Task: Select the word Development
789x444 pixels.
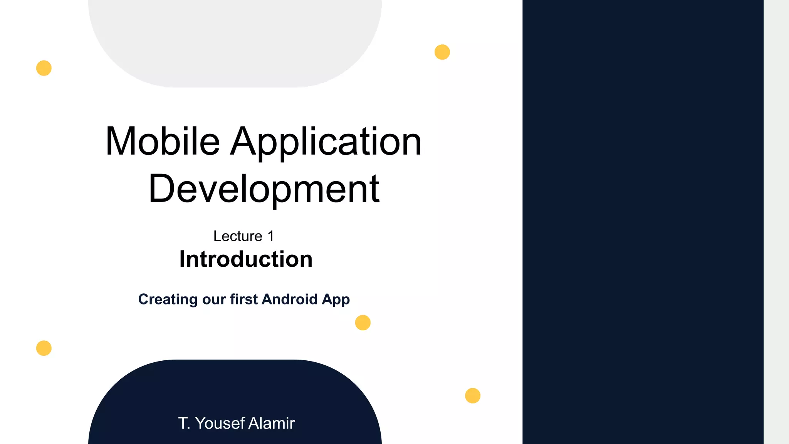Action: (264, 189)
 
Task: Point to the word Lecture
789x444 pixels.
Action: (238, 236)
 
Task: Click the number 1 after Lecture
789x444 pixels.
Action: (271, 236)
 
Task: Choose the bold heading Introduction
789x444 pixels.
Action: (246, 259)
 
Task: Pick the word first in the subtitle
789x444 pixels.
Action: (244, 299)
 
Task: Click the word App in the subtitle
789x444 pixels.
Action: (336, 300)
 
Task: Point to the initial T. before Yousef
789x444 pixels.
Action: (184, 423)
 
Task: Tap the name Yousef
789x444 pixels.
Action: (220, 423)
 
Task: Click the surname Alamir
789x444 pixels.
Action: (271, 423)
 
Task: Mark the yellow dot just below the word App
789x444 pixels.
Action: (363, 323)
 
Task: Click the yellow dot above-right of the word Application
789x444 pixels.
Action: (442, 52)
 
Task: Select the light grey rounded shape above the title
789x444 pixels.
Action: (235, 39)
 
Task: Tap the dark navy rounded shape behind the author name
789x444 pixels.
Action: (235, 389)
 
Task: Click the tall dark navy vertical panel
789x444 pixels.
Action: (643, 222)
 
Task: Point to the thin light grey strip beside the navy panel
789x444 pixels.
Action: (776, 222)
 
